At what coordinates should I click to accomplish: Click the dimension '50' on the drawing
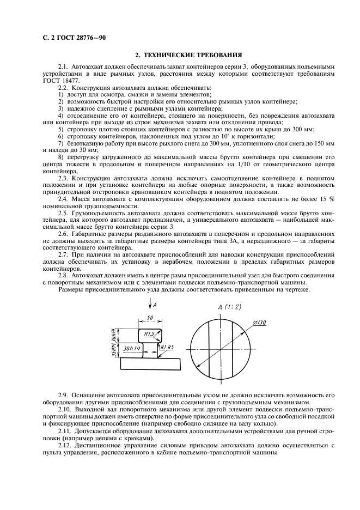pos(150,318)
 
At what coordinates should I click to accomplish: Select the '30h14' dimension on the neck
pos(131,347)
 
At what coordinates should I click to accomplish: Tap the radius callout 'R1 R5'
pos(167,347)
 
